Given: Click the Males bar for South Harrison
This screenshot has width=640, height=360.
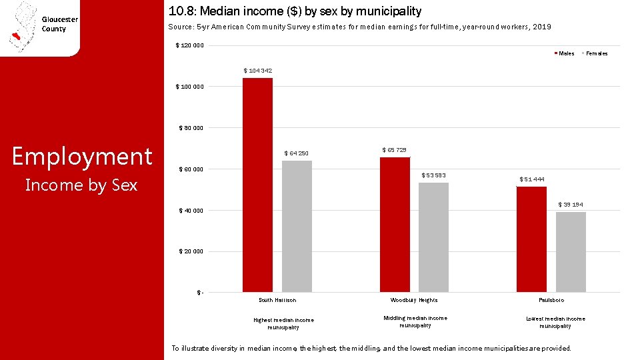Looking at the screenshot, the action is click(257, 185).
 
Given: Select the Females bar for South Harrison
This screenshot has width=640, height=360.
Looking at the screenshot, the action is click(297, 227).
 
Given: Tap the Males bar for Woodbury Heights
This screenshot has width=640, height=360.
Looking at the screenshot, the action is click(395, 225).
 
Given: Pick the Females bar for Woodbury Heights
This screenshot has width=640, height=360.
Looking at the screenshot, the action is click(433, 237).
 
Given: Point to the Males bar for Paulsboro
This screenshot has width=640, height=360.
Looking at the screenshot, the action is click(531, 239).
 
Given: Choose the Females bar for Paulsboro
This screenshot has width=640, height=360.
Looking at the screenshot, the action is click(571, 252).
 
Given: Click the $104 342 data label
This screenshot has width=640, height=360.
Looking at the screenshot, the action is click(257, 71).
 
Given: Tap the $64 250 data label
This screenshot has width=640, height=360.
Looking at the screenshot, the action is click(296, 153).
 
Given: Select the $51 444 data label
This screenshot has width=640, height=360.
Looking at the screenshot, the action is click(532, 179).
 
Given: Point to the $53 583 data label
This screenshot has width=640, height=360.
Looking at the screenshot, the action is click(433, 175).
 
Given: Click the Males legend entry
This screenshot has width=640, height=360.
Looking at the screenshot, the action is click(564, 53).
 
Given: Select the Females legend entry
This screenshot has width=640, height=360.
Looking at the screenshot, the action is click(595, 53).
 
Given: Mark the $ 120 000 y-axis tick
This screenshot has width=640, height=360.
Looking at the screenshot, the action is click(189, 45).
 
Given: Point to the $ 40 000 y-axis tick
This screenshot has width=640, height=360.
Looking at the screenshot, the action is click(191, 211).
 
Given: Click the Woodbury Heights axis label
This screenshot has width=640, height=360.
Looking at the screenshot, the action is click(414, 300).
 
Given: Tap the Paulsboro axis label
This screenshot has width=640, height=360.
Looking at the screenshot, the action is click(551, 300).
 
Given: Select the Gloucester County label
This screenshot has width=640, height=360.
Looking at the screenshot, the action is click(59, 24).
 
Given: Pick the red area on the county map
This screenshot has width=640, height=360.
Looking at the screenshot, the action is click(16, 36).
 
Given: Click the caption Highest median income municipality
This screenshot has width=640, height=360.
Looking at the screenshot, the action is click(284, 324).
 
